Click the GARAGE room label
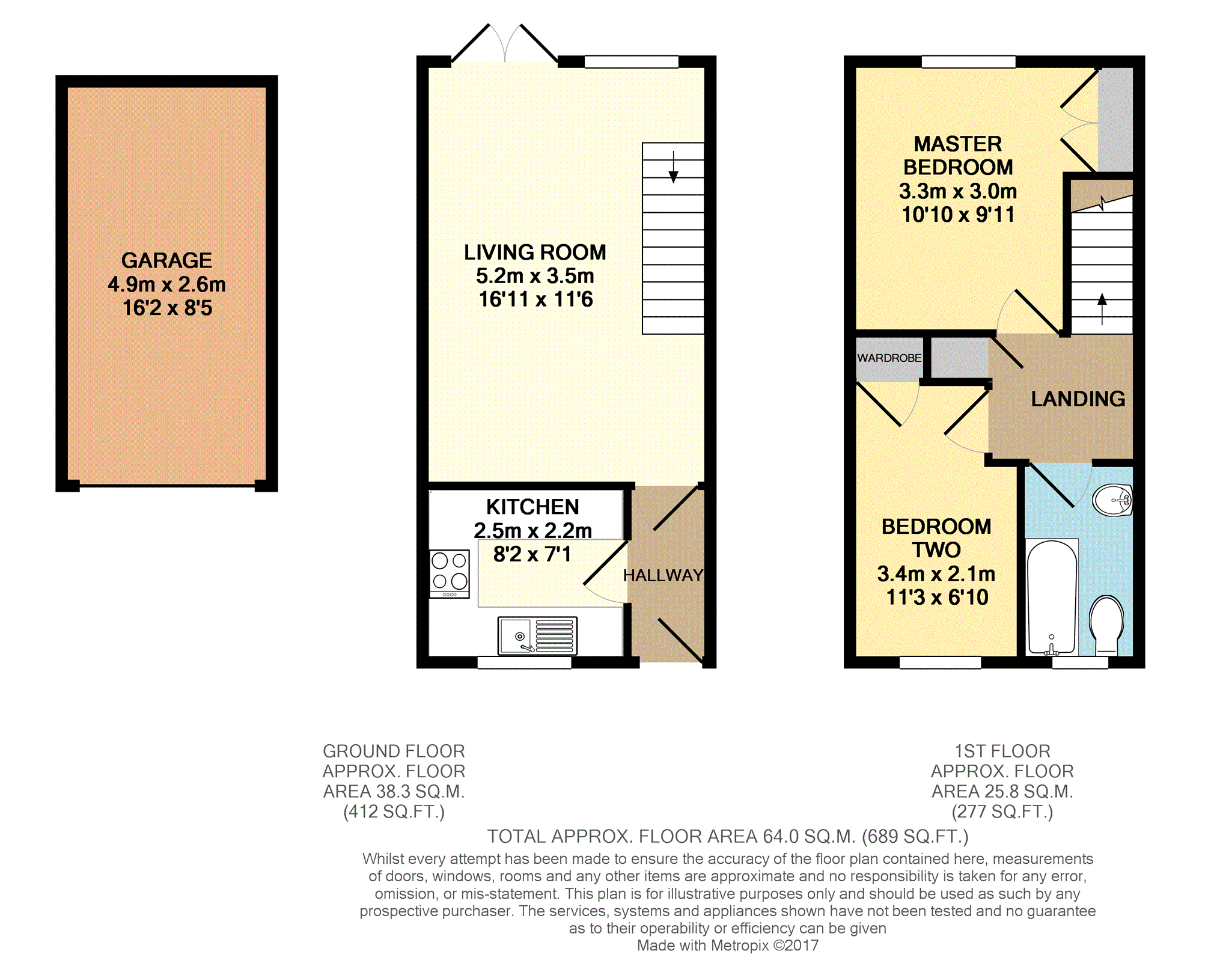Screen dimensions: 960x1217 [x=166, y=260]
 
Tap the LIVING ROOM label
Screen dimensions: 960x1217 [x=535, y=252]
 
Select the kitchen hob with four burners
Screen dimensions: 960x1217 [x=449, y=573]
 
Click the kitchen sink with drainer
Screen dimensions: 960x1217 [x=537, y=635]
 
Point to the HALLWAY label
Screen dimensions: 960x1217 [x=663, y=575]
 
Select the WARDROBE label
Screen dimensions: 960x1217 [x=889, y=358]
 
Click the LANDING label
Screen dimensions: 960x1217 [x=1078, y=399]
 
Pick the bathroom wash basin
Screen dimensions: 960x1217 [x=1112, y=500]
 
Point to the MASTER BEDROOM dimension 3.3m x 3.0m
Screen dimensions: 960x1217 [x=957, y=192]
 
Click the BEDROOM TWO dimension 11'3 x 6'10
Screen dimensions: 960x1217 [x=937, y=598]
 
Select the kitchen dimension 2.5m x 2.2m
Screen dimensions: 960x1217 [x=532, y=531]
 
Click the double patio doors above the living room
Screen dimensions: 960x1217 [x=504, y=45]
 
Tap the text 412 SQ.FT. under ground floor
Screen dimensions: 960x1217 [x=394, y=812]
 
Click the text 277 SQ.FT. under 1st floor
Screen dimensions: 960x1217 [x=1002, y=812]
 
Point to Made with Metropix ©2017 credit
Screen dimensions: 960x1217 [x=727, y=946]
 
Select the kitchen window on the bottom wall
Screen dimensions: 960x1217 [x=524, y=662]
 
